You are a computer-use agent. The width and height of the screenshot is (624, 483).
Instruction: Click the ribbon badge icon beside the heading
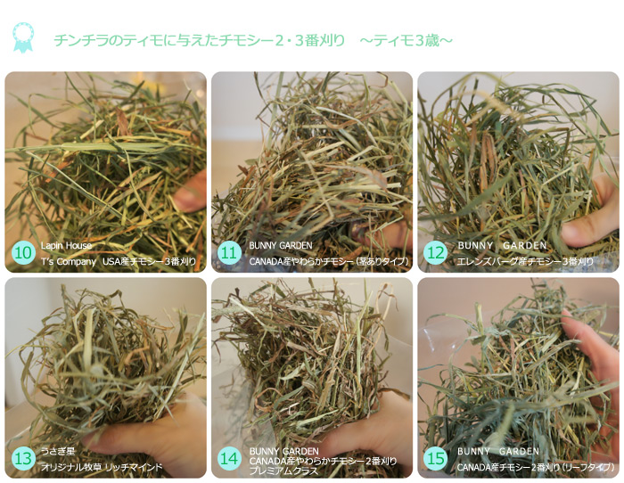(23, 37)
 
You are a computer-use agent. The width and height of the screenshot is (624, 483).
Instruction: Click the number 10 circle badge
(23, 253)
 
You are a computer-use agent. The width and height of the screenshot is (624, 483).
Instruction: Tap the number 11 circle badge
(230, 253)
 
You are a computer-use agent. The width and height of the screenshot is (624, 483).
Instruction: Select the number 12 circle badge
(435, 253)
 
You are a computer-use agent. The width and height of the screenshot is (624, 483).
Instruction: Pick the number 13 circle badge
(23, 458)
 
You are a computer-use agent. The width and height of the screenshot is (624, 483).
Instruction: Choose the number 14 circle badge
(230, 458)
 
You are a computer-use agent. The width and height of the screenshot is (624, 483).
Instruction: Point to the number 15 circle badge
(435, 458)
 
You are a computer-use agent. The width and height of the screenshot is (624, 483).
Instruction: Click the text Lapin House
(66, 246)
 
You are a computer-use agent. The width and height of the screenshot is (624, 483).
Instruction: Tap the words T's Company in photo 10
(69, 262)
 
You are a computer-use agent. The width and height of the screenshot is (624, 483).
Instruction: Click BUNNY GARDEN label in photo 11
(281, 246)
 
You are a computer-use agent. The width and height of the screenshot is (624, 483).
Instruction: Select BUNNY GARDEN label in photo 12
(502, 246)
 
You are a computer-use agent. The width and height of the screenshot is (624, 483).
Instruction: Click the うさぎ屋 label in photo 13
(58, 451)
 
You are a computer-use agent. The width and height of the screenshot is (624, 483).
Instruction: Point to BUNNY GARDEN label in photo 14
(283, 452)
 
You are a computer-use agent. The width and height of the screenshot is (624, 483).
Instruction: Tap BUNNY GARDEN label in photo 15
(497, 452)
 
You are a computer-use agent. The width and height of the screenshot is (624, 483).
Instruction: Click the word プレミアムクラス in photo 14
(283, 471)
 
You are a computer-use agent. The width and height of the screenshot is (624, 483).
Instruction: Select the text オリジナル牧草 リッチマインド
(102, 467)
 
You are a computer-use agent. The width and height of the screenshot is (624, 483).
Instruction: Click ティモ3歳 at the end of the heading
(406, 41)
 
